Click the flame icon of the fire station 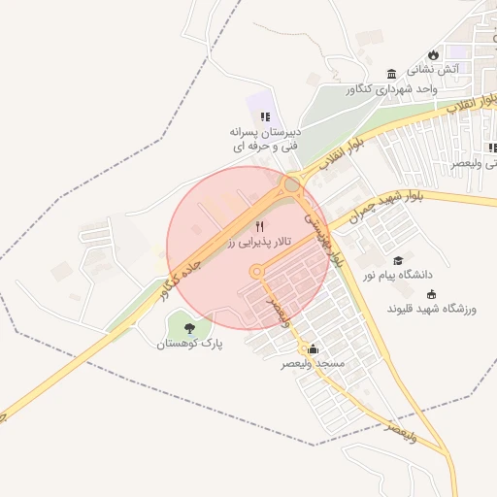(433, 54)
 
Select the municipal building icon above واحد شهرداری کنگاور (391, 75)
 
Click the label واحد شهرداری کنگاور (391, 89)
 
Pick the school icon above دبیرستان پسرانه (265, 116)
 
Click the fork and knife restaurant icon (259, 226)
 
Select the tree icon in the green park (188, 328)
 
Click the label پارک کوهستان (190, 344)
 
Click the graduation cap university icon (397, 260)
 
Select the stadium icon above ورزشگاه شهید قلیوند (432, 295)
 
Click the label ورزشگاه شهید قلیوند (433, 310)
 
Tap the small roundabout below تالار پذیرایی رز (257, 272)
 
